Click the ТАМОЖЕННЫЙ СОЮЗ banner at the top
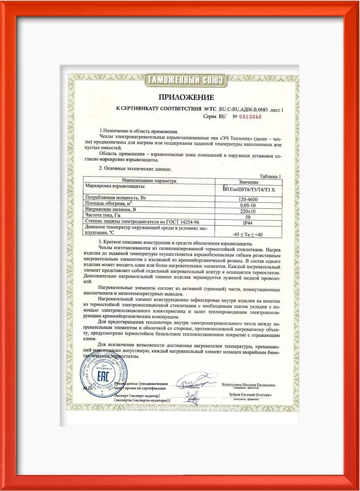tap(186, 80)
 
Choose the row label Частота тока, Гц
tap(104, 216)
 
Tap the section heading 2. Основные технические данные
tap(135, 169)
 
